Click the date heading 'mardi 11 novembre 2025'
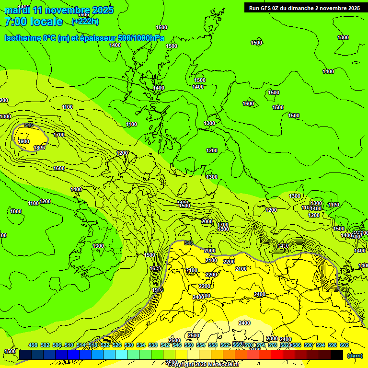point(59,10)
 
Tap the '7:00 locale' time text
point(34,22)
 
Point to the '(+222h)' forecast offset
point(85,21)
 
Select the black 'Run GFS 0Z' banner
point(304,8)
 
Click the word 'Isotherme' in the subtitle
point(22,38)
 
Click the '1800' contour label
point(39,148)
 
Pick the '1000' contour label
point(16,211)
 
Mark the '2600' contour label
point(175,340)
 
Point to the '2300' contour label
point(272,339)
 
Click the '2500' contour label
point(194,335)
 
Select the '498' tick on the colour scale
point(33,345)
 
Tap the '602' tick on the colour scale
point(345,345)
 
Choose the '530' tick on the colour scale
point(129,345)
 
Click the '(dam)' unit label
point(355,355)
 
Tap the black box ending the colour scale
point(337,355)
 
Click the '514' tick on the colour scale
point(81,345)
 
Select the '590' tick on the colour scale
point(309,345)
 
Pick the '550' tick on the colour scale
point(189,345)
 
